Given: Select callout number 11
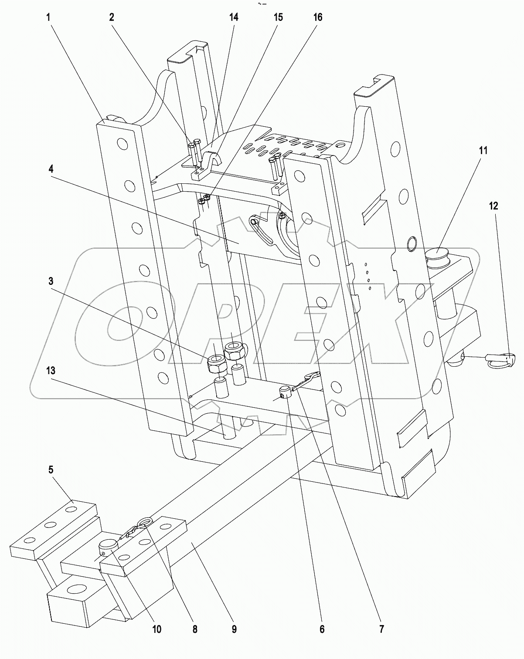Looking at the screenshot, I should click(x=483, y=151).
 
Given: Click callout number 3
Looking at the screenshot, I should click(x=51, y=281).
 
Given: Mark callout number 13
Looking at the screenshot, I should click(x=51, y=371).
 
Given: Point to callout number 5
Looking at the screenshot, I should click(x=51, y=470).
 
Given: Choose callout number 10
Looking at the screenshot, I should click(x=157, y=629).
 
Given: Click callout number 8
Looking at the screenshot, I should click(x=195, y=629).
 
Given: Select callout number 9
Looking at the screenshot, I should click(x=234, y=629).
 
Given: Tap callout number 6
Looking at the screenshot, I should click(x=322, y=629).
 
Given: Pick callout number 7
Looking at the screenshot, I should click(x=381, y=629).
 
